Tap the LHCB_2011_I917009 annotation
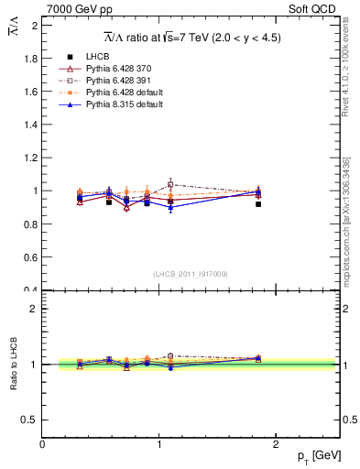click(x=191, y=274)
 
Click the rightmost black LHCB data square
click(x=258, y=204)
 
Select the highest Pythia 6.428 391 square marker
click(x=170, y=185)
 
